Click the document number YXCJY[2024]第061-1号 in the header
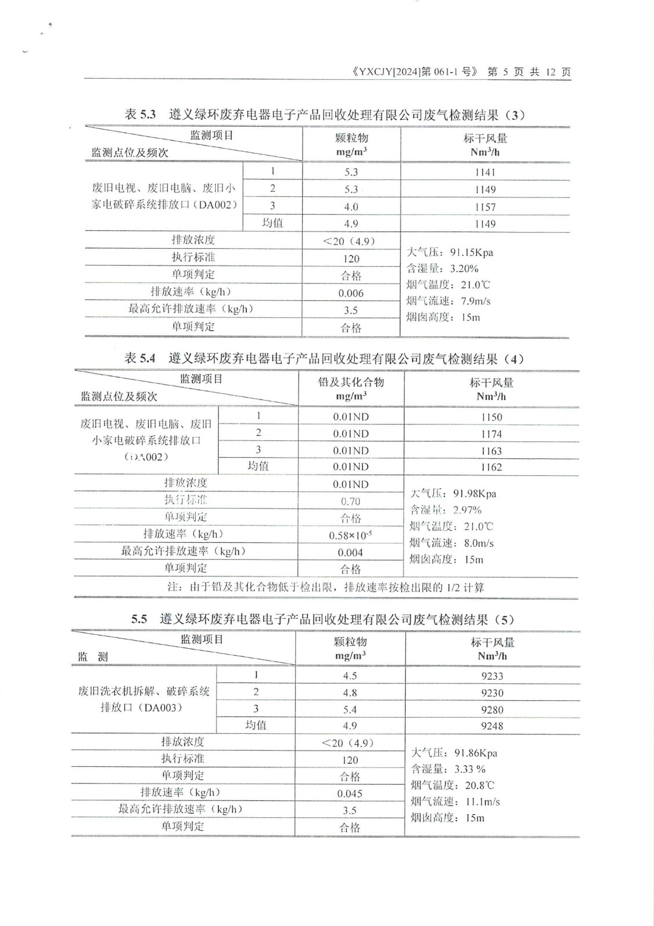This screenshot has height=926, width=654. (414, 72)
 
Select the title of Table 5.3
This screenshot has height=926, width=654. (325, 115)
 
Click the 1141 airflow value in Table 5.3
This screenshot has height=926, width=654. (485, 172)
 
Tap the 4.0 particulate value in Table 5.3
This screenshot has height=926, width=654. (351, 207)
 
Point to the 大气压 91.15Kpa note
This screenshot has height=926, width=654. (450, 252)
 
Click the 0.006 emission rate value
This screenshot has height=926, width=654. (351, 293)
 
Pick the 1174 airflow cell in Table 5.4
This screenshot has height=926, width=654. (491, 434)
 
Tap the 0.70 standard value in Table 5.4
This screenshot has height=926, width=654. (350, 501)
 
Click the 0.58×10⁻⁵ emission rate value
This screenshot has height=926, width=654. (350, 535)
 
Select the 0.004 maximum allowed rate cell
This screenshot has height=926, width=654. (350, 552)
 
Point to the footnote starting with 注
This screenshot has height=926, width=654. (325, 587)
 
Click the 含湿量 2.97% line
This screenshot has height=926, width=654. (446, 510)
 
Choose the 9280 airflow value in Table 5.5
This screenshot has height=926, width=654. (492, 710)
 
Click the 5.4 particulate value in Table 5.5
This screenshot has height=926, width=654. (350, 710)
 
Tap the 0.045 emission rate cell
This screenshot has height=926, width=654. (350, 793)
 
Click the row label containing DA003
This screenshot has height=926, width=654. (144, 699)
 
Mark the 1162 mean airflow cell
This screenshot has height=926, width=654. (491, 467)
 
